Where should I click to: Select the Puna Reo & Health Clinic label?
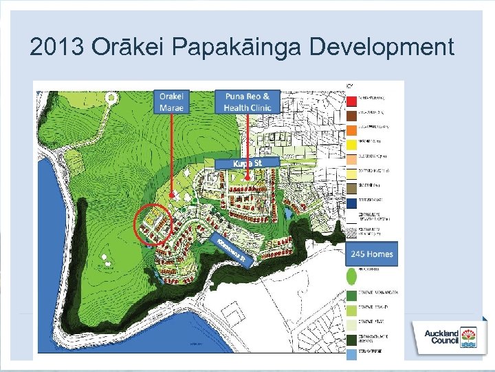click(247, 102)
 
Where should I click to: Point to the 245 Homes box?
click(372, 254)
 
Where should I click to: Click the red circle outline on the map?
click(153, 225)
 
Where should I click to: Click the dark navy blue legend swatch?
click(351, 203)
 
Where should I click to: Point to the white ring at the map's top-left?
click(111, 98)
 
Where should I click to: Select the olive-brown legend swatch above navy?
click(351, 187)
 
